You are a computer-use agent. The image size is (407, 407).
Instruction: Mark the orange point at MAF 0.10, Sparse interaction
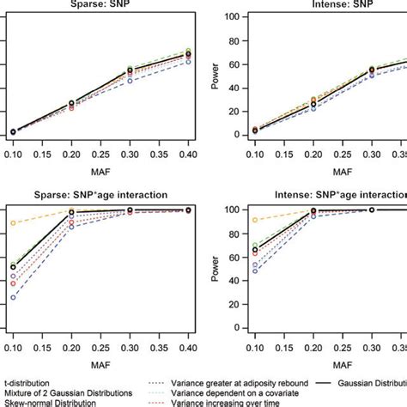[x=12, y=223]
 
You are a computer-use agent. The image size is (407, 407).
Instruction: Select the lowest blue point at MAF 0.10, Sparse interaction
[x=12, y=297]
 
